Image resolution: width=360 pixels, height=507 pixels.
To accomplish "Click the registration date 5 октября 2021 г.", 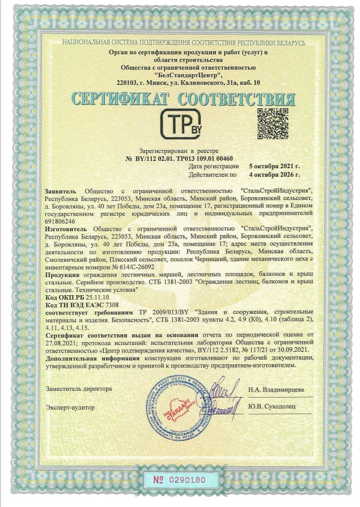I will pyautogui.click(x=274, y=167).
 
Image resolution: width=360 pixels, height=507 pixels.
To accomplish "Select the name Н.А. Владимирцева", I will pyautogui.click(x=276, y=390).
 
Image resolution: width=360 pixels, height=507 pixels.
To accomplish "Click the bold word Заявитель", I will pyautogui.click(x=62, y=191).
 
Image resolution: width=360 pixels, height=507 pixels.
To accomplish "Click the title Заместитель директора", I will pyautogui.click(x=79, y=389).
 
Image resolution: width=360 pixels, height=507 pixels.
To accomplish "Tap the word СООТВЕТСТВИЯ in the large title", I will pyautogui.click(x=239, y=99).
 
